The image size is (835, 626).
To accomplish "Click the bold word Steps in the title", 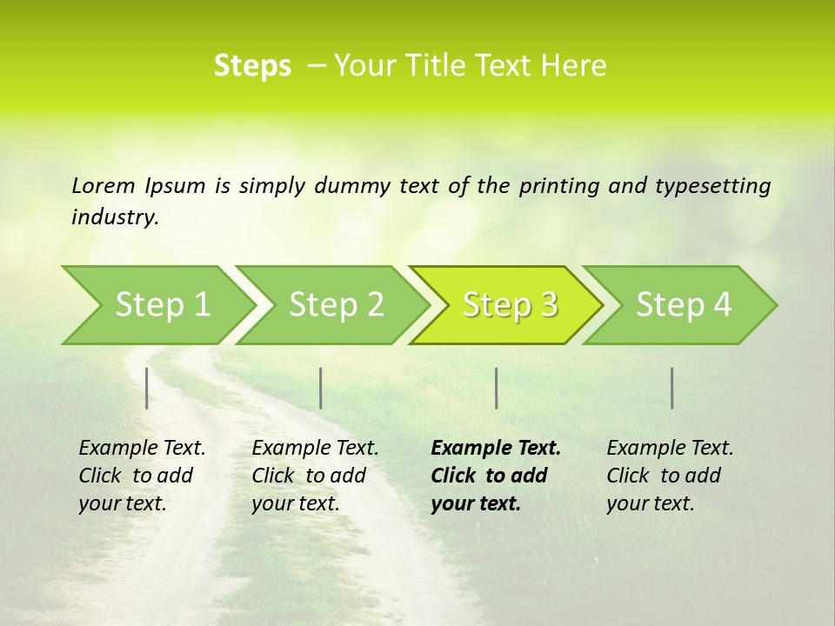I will [x=252, y=66].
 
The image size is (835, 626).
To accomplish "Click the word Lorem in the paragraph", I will [x=104, y=185].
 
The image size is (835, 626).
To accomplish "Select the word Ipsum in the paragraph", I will [x=176, y=185].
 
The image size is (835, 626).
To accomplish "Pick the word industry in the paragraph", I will [x=114, y=217].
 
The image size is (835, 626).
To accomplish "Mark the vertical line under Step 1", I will [x=147, y=388].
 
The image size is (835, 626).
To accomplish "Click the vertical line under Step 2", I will [x=321, y=388].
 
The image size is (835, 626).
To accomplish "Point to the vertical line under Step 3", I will [x=496, y=388].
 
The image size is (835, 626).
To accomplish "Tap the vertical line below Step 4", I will [x=671, y=388].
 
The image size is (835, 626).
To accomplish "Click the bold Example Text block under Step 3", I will [x=496, y=476].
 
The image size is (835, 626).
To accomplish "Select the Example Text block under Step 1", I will [x=142, y=476].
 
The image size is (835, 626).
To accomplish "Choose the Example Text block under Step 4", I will [x=670, y=476].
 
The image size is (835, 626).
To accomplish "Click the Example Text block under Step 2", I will [x=315, y=476].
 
